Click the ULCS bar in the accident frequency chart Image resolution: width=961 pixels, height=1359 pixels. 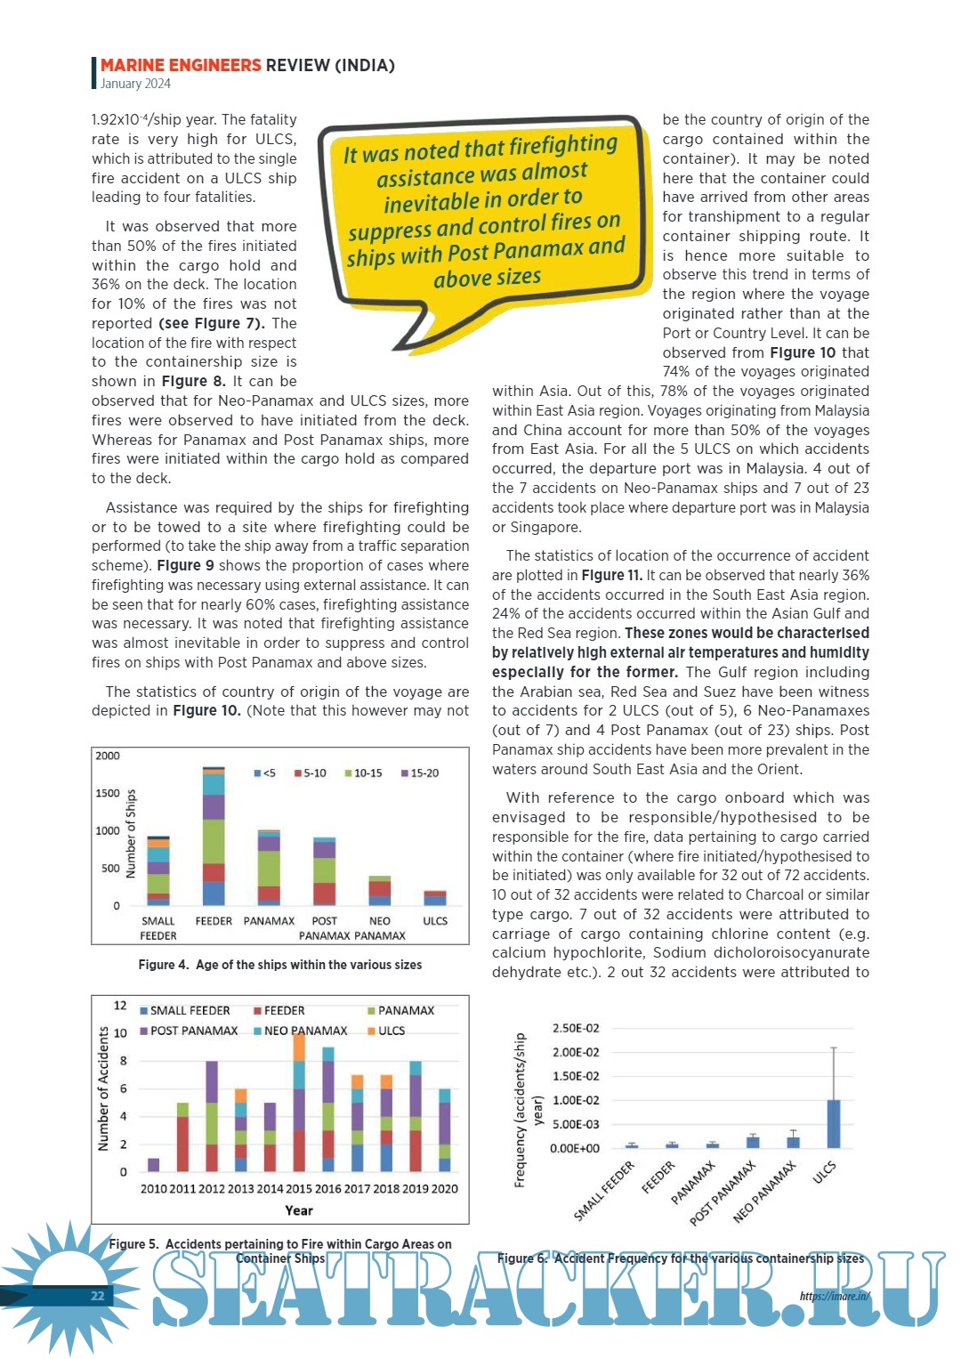[x=834, y=1124]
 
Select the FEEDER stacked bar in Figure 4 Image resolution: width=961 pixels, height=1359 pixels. [x=214, y=837]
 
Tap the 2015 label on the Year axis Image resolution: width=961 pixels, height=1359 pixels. [x=299, y=1189]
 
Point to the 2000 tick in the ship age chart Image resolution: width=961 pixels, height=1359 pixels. [x=108, y=756]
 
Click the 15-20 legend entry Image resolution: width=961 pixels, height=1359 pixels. [x=420, y=773]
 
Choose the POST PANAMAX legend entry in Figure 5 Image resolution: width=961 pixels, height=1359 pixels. [x=189, y=1031]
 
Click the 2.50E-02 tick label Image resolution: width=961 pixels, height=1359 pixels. [x=576, y=1028]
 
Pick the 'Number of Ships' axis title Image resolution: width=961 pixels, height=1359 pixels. [x=131, y=834]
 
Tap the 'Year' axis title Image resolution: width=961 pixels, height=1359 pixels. [x=299, y=1210]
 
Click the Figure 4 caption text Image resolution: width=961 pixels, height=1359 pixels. [x=279, y=965]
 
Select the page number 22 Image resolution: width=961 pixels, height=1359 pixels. [x=98, y=1296]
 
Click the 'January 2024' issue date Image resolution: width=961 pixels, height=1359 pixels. [x=135, y=84]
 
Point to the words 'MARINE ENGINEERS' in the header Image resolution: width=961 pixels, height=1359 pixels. [x=181, y=65]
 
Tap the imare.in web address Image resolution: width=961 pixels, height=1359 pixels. [x=835, y=1296]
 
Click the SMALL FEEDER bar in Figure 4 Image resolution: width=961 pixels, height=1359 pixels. [x=158, y=871]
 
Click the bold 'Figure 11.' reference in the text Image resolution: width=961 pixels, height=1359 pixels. [x=611, y=575]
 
